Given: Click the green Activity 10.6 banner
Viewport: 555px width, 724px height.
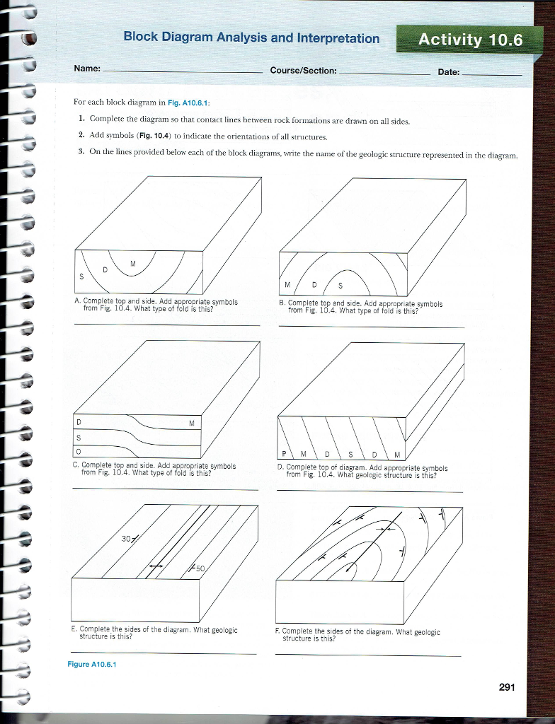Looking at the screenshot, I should click(470, 40).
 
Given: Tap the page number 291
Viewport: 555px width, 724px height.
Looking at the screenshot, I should click(508, 687).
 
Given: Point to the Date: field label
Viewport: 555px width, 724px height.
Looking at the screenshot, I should click(448, 72).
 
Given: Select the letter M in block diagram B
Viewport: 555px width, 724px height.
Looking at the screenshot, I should click(287, 285).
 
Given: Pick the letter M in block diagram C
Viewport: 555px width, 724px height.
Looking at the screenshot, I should click(192, 424).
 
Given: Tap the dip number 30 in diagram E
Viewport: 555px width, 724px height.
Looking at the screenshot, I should click(125, 537).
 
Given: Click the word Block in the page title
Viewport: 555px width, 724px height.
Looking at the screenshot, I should click(142, 37).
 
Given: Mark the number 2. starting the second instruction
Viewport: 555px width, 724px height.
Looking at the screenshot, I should click(82, 135).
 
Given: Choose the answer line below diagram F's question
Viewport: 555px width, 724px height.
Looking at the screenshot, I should click(368, 655).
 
